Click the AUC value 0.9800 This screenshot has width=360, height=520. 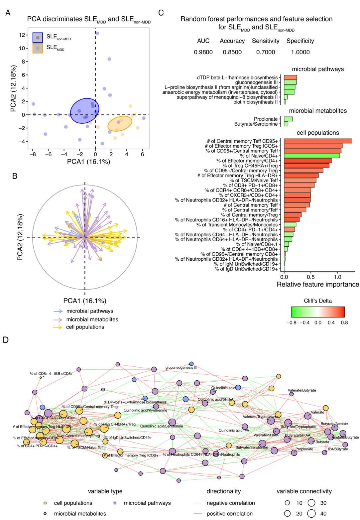click(203, 52)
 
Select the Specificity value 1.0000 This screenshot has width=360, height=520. click(298, 52)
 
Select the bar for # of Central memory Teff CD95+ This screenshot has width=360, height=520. click(318, 141)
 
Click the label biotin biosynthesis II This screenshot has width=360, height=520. click(255, 102)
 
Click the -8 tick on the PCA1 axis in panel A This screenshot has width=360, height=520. click(33, 154)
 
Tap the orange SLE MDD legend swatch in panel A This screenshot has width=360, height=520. click(38, 48)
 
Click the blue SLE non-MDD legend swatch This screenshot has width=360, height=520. click(38, 37)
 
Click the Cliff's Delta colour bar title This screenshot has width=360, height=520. click(318, 301)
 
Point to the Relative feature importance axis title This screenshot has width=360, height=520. click(318, 285)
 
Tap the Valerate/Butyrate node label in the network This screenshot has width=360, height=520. click(302, 390)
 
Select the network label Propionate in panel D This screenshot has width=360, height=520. click(304, 449)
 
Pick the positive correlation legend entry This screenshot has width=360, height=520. click(229, 514)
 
